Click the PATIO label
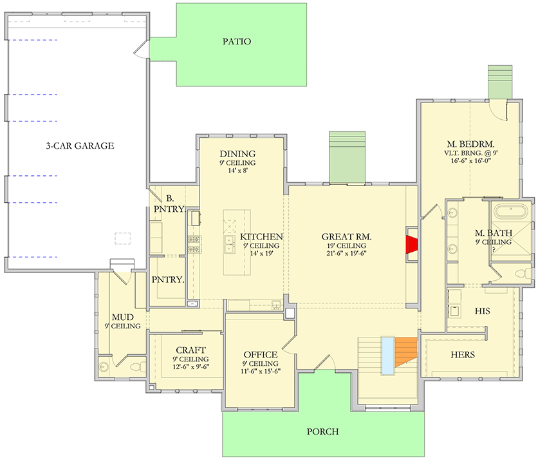[236, 42]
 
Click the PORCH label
[322, 432]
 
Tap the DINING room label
[237, 154]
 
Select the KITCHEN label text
[261, 237]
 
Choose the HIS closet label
[482, 311]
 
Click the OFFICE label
[260, 355]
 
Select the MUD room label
[122, 318]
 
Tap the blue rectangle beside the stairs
[387, 355]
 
